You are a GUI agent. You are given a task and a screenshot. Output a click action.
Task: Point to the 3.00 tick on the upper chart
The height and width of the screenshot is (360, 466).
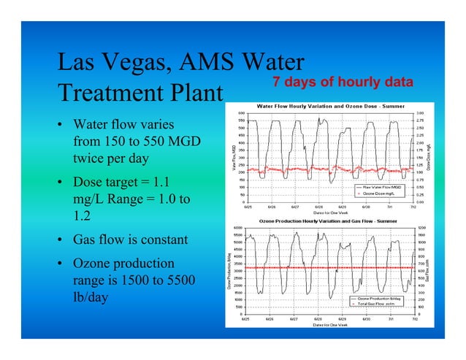click(420, 113)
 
